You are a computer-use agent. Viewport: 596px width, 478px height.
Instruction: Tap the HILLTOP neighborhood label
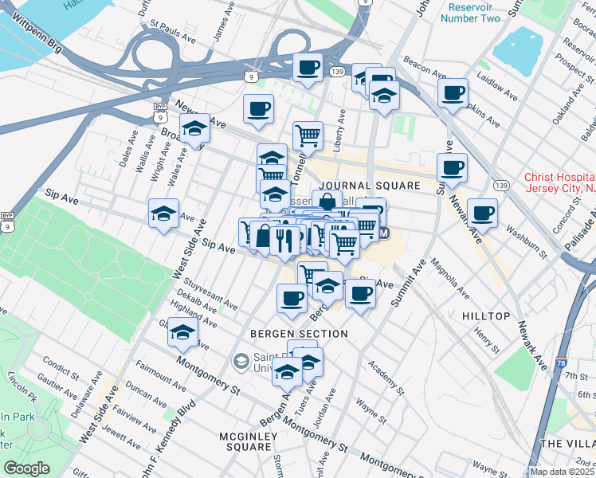[x=485, y=316]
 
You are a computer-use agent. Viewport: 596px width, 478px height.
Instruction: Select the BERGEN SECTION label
[x=299, y=333]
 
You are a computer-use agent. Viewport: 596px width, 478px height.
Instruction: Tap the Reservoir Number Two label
[x=469, y=11]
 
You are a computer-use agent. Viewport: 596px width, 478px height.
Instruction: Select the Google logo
[x=25, y=468]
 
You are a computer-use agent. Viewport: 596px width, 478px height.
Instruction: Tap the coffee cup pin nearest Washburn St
[x=482, y=212]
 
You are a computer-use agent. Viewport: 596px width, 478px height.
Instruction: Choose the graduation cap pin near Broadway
[x=194, y=127]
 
